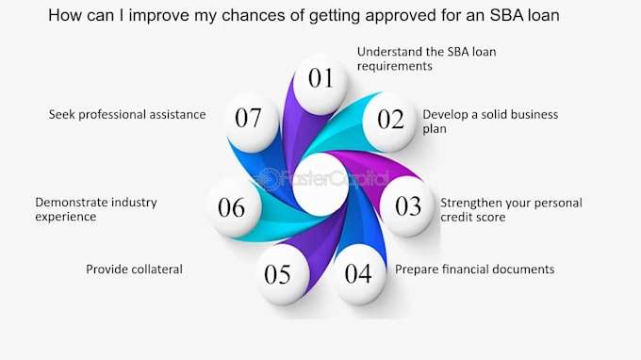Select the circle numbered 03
click(x=407, y=206)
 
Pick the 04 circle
click(x=359, y=274)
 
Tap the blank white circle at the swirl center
click(x=320, y=184)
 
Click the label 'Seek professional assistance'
click(x=127, y=114)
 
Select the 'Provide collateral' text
click(x=134, y=270)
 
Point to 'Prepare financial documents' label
click(x=474, y=270)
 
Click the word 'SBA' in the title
click(x=507, y=15)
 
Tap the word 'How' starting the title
click(x=61, y=15)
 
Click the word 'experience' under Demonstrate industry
click(x=65, y=217)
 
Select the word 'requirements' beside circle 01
click(x=394, y=67)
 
